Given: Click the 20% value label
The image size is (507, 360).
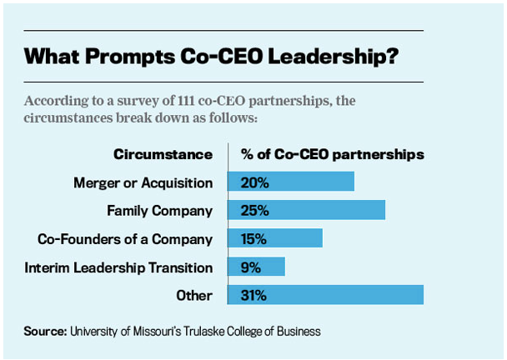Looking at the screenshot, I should point(254,182).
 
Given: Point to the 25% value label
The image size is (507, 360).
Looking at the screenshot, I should point(254,210).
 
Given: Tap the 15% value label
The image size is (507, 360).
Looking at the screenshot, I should point(254,238).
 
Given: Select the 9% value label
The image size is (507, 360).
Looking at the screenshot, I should point(250,267).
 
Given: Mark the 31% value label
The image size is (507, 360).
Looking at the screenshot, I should point(254,295).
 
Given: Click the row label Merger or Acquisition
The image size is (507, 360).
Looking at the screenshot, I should point(143,182).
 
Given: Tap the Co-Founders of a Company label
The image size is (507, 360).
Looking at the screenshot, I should point(126,239).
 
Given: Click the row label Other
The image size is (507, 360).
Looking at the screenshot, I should point(195,296).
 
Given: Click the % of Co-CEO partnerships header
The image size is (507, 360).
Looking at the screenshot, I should point(332,154).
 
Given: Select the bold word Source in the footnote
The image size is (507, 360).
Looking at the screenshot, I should point(46,331).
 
